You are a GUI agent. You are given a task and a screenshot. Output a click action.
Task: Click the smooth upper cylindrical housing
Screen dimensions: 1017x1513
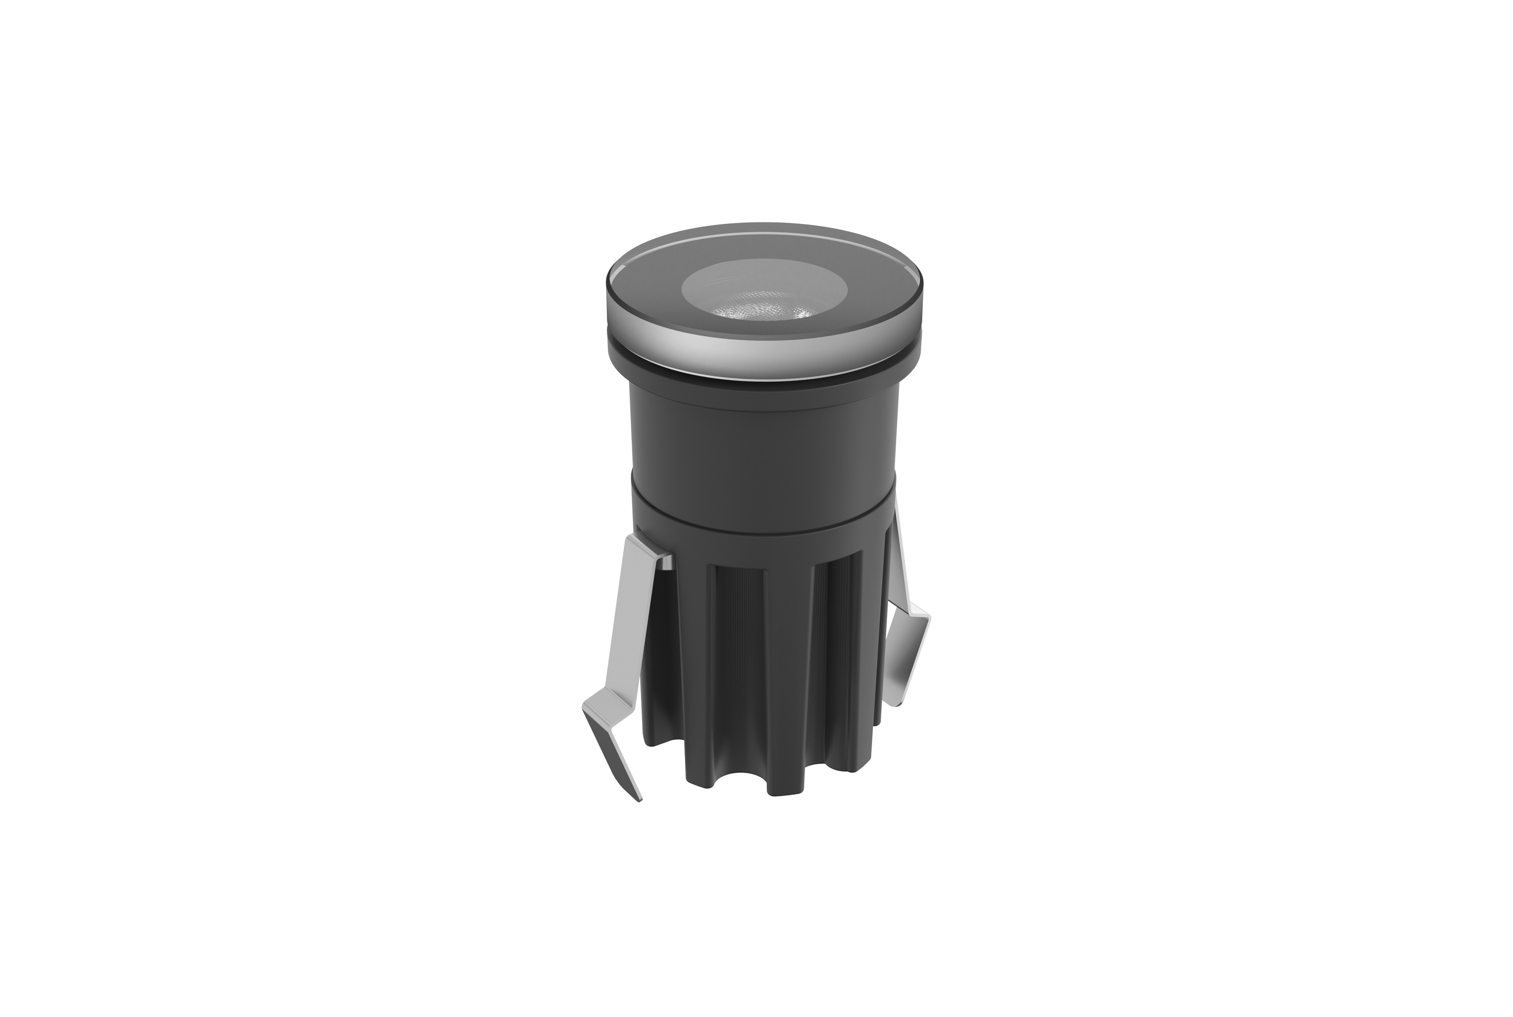point(764,441)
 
